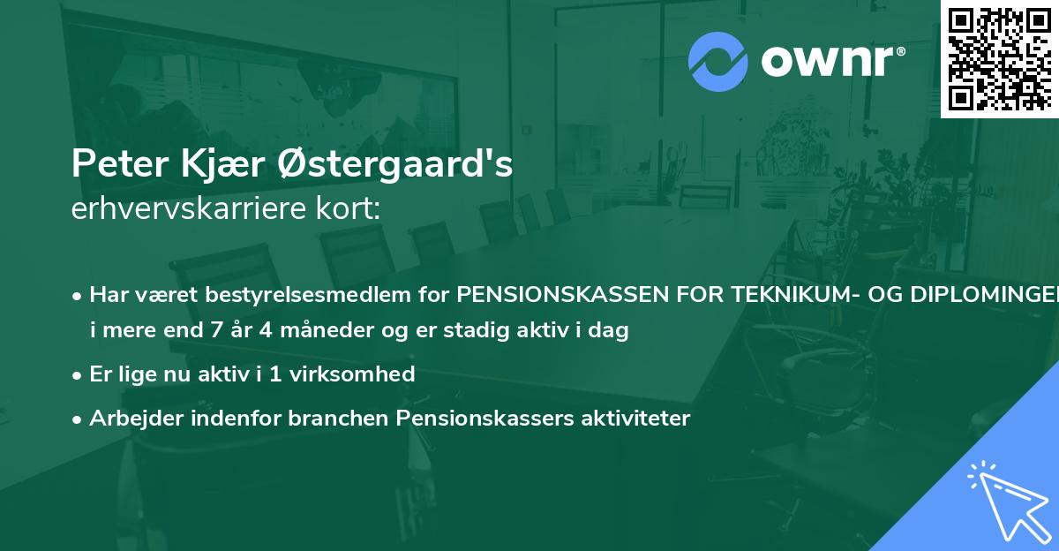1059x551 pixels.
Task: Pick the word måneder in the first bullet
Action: [x=307, y=332]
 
